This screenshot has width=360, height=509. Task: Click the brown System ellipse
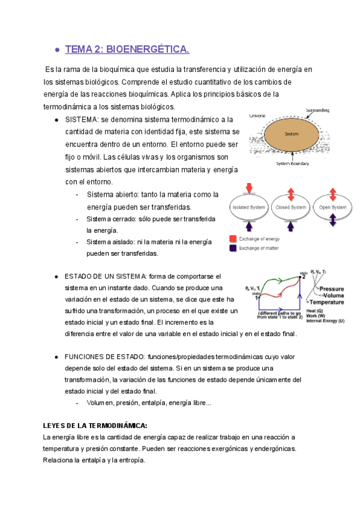coord(291,134)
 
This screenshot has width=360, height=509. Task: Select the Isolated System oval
coord(248,207)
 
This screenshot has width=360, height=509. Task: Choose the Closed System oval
coord(290,207)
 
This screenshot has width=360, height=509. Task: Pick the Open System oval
coord(332,207)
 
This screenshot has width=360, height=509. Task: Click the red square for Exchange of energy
coord(233,238)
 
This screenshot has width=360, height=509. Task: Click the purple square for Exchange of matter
coord(233,247)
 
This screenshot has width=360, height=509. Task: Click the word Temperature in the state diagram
coord(326,302)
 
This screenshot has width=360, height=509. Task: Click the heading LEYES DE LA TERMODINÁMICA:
coord(95,426)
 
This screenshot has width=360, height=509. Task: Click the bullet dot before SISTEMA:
coord(56,120)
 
